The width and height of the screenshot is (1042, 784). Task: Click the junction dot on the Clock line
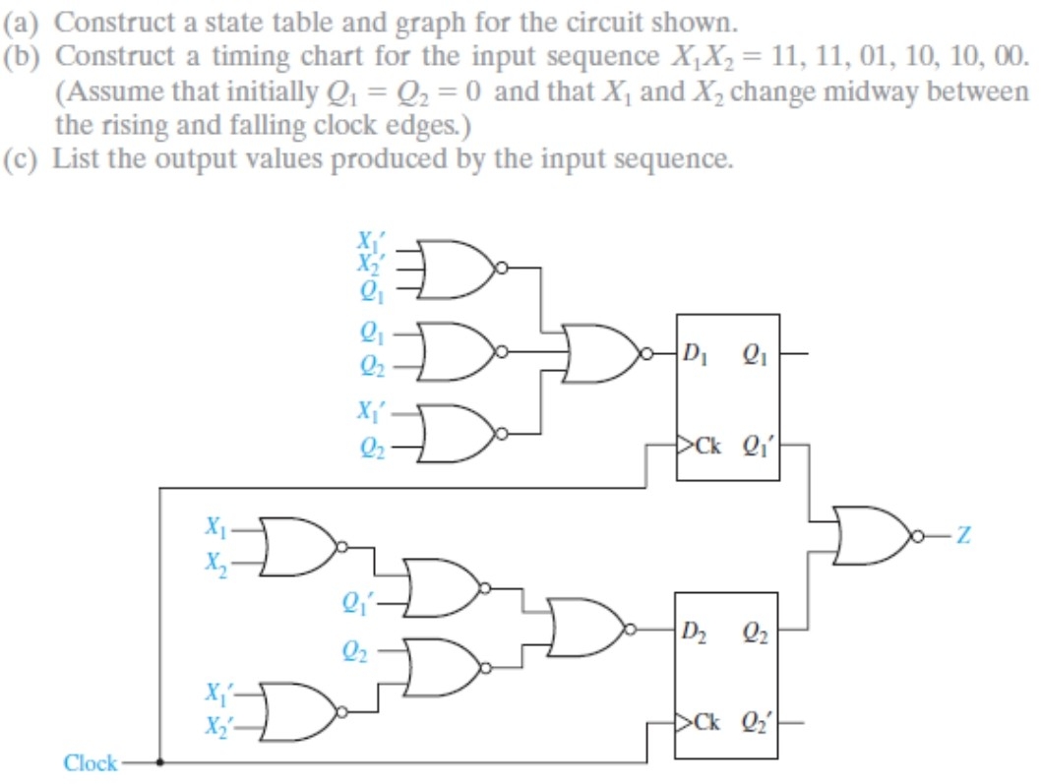point(160,761)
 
